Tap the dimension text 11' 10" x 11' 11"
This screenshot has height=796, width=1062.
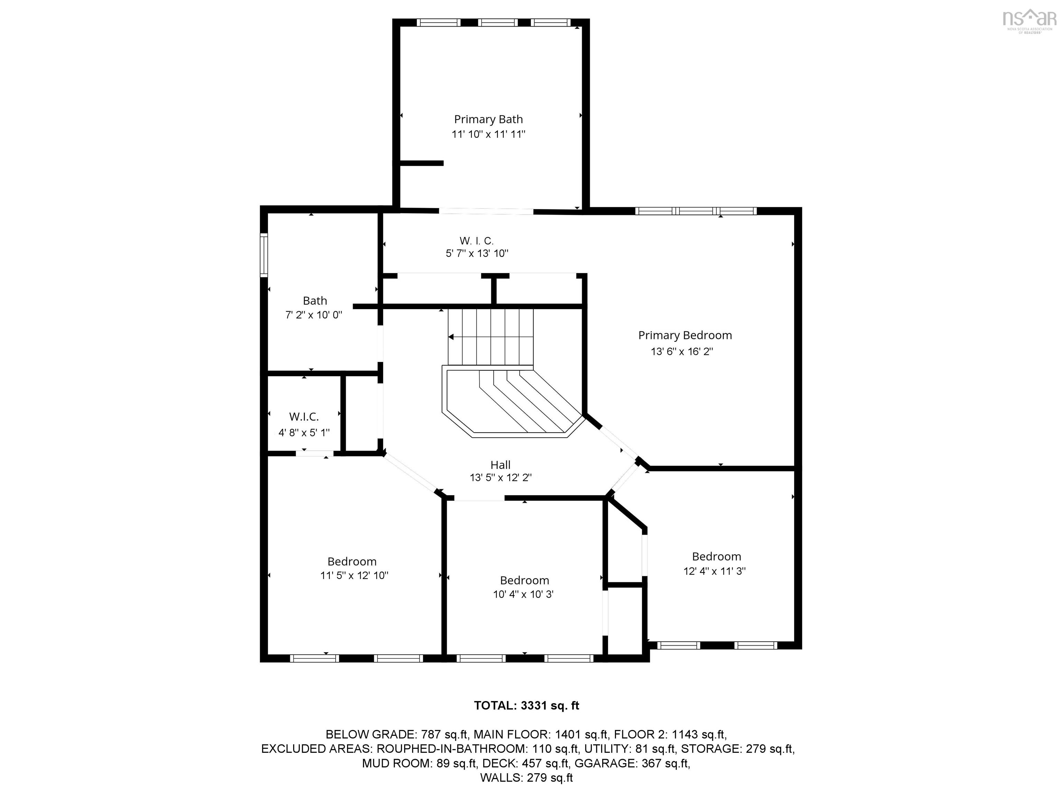coord(488,134)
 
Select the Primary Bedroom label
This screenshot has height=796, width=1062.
coord(684,335)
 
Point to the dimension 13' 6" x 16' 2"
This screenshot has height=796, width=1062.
coord(682,351)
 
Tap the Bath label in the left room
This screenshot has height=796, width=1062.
coord(315,301)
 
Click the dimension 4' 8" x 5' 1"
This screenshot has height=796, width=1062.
coord(304,433)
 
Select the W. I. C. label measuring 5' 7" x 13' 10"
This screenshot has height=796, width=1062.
coord(476,240)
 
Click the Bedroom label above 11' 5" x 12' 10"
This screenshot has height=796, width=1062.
coord(352,561)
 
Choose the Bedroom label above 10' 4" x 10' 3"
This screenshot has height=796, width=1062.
coord(524,580)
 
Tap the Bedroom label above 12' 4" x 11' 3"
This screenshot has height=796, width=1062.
coord(716,557)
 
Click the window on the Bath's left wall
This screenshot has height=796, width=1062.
coord(263,255)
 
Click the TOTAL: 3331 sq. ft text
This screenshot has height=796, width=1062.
coord(527,706)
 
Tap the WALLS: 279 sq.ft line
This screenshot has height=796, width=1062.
coord(527,778)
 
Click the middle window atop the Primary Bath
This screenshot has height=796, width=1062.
coord(498,22)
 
